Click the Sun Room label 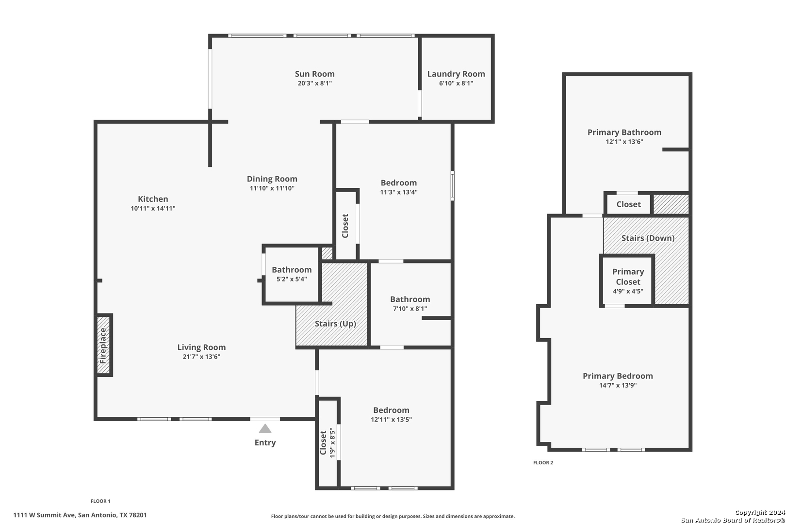pyautogui.click(x=314, y=74)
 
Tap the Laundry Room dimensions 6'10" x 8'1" pyautogui.click(x=456, y=83)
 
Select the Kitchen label pyautogui.click(x=153, y=198)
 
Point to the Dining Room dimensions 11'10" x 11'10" pyautogui.click(x=272, y=188)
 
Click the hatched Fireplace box pyautogui.click(x=103, y=345)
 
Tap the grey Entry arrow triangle pyautogui.click(x=265, y=428)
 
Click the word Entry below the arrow pyautogui.click(x=265, y=442)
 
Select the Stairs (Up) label pyautogui.click(x=335, y=324)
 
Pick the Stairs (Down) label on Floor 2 pyautogui.click(x=648, y=238)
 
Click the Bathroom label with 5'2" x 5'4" pyautogui.click(x=292, y=270)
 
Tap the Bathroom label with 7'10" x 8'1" pyautogui.click(x=410, y=299)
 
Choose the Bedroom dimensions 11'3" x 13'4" pyautogui.click(x=399, y=192)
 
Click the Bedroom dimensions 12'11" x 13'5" pyautogui.click(x=391, y=419)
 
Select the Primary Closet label pyautogui.click(x=628, y=277)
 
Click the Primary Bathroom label pyautogui.click(x=624, y=132)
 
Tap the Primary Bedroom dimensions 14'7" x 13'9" pyautogui.click(x=618, y=385)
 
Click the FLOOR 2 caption pyautogui.click(x=543, y=462)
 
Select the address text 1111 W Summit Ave pyautogui.click(x=44, y=515)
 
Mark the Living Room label pyautogui.click(x=201, y=347)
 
